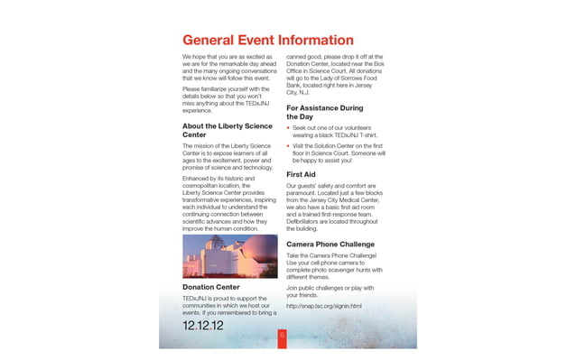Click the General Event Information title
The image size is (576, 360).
(x=267, y=41)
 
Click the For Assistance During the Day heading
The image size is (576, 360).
(x=324, y=112)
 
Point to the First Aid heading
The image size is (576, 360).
(x=301, y=173)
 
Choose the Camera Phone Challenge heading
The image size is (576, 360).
(x=330, y=245)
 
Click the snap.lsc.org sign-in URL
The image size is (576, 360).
(x=323, y=306)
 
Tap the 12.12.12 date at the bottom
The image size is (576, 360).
(x=203, y=325)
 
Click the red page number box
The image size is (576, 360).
(x=282, y=336)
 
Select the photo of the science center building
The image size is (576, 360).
(x=230, y=256)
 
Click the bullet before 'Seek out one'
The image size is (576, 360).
(x=288, y=129)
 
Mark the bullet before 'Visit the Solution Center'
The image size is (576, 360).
(x=288, y=146)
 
